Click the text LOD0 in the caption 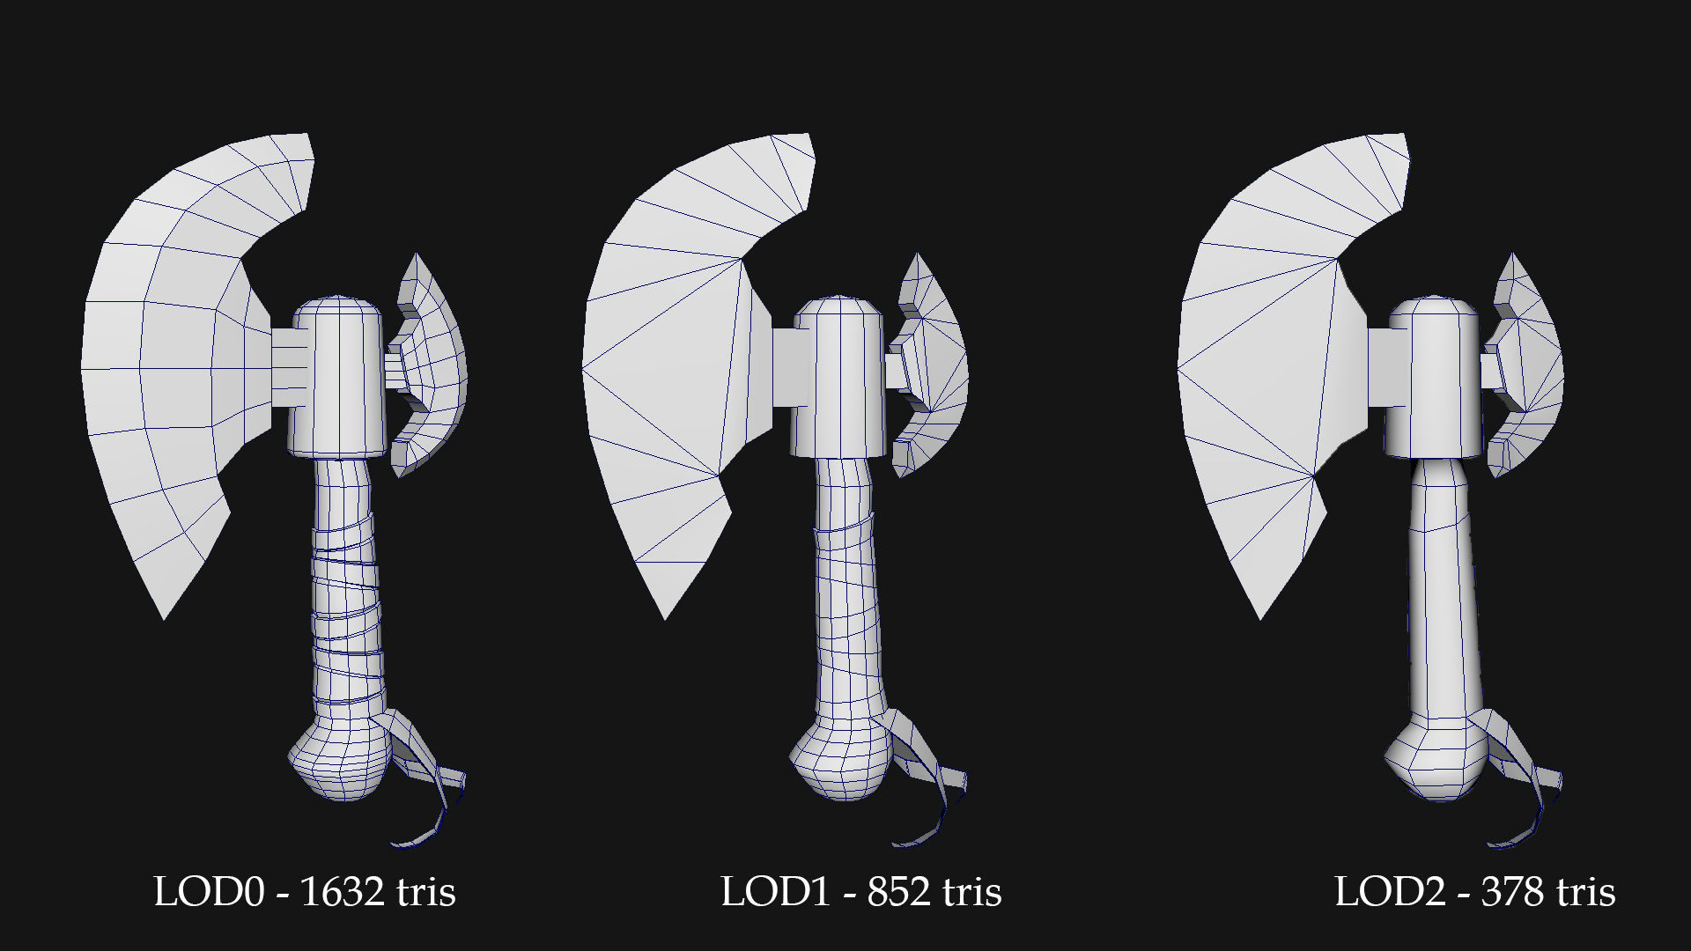pos(209,892)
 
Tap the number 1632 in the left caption pos(342,892)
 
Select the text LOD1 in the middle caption pos(775,892)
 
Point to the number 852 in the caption pos(898,892)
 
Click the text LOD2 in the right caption pos(1389,892)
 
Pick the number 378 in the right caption pos(1512,892)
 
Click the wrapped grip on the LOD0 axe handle pos(345,599)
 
